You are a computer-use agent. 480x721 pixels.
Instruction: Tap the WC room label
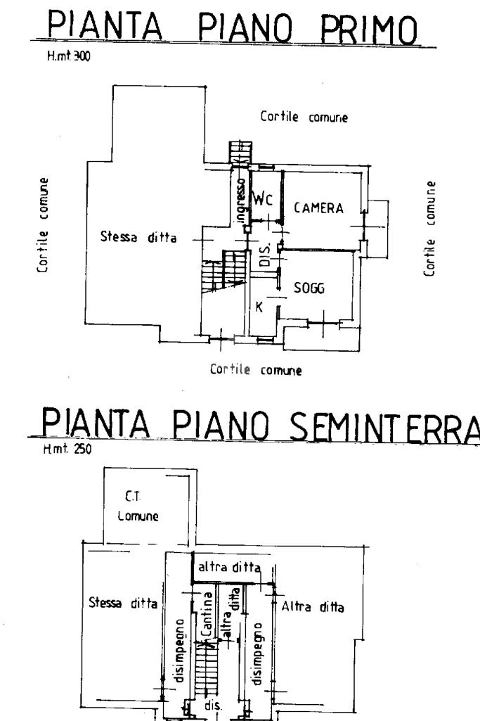pyautogui.click(x=263, y=198)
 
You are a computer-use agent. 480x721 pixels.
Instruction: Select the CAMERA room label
pyautogui.click(x=318, y=208)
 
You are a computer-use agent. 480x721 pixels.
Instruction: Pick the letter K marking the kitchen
pyautogui.click(x=259, y=307)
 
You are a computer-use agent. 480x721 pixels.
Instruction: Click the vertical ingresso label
pyautogui.click(x=240, y=201)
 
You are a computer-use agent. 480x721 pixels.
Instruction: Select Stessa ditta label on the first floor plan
pyautogui.click(x=138, y=238)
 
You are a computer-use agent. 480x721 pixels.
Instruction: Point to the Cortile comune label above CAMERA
pyautogui.click(x=304, y=117)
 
